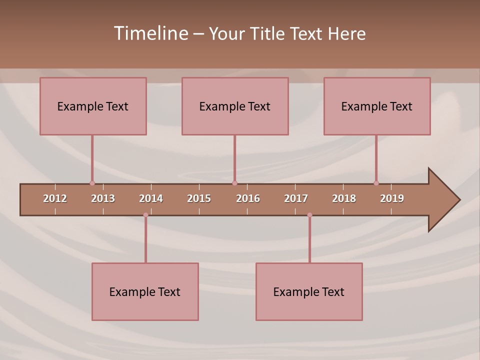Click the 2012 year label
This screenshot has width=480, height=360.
coord(55,198)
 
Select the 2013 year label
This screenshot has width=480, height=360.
coord(103,198)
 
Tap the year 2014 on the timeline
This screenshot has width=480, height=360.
coord(151,198)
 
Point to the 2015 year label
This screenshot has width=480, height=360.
coord(199,198)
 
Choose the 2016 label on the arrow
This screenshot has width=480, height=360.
coord(248,198)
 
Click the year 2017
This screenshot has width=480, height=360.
coord(296,198)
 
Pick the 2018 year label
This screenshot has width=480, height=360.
coord(344,198)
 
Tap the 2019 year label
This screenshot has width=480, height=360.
coord(392,198)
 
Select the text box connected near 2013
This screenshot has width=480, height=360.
coord(93,106)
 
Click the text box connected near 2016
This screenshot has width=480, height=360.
coord(235,106)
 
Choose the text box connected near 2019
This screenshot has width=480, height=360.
coord(377,106)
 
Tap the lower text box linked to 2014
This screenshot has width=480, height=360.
coord(145,291)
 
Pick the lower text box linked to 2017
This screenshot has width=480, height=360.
coord(309,291)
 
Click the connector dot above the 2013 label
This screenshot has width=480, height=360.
coord(92,183)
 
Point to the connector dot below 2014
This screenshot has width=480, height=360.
coord(145,215)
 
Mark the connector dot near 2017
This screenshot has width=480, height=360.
coord(309,215)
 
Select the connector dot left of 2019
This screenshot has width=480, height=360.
coord(376,183)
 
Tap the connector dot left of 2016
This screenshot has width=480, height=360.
coord(234,183)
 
